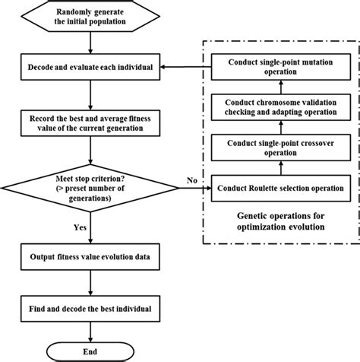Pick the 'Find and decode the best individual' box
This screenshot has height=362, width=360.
pos(90,310)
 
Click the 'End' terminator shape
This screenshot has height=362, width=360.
pos(90,351)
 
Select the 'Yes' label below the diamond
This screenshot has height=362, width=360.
pos(79,226)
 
